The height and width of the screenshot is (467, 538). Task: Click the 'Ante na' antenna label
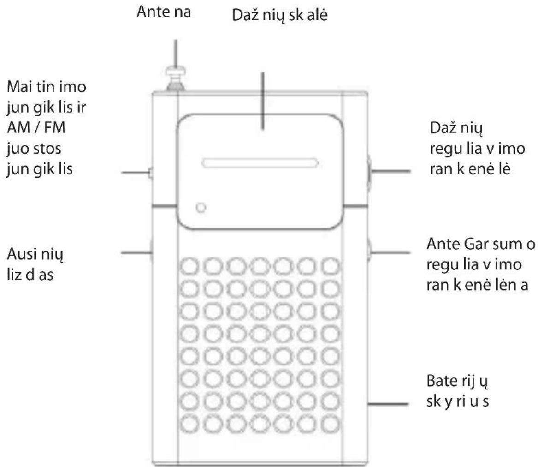pos(164,12)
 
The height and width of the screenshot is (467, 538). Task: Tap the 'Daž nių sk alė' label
pos(280,15)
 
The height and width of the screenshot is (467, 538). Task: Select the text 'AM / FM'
pos(36,127)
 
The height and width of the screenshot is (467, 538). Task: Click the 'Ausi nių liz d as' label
pos(35,264)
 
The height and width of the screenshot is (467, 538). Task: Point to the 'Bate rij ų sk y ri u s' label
pos(457,391)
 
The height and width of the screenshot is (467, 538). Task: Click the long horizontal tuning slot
pos(260,163)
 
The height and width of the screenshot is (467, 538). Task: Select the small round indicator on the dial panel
pos(201,208)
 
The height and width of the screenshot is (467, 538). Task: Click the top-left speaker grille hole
pos(189,266)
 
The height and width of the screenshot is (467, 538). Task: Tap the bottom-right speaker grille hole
pos(331,423)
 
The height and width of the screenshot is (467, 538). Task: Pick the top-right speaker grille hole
pos(331,266)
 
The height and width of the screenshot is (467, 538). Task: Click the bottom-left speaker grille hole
pos(189,423)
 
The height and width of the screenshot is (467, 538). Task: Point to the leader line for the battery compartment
pos(388,404)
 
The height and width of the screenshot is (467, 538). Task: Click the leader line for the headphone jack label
pos(136,253)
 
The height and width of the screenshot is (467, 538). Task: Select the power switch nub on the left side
pos(150,173)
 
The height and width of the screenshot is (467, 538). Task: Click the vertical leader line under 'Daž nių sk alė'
pos(263,101)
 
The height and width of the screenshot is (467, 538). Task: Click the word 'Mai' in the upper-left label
pos(19,87)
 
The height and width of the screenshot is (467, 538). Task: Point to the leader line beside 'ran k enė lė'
pos(391,171)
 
